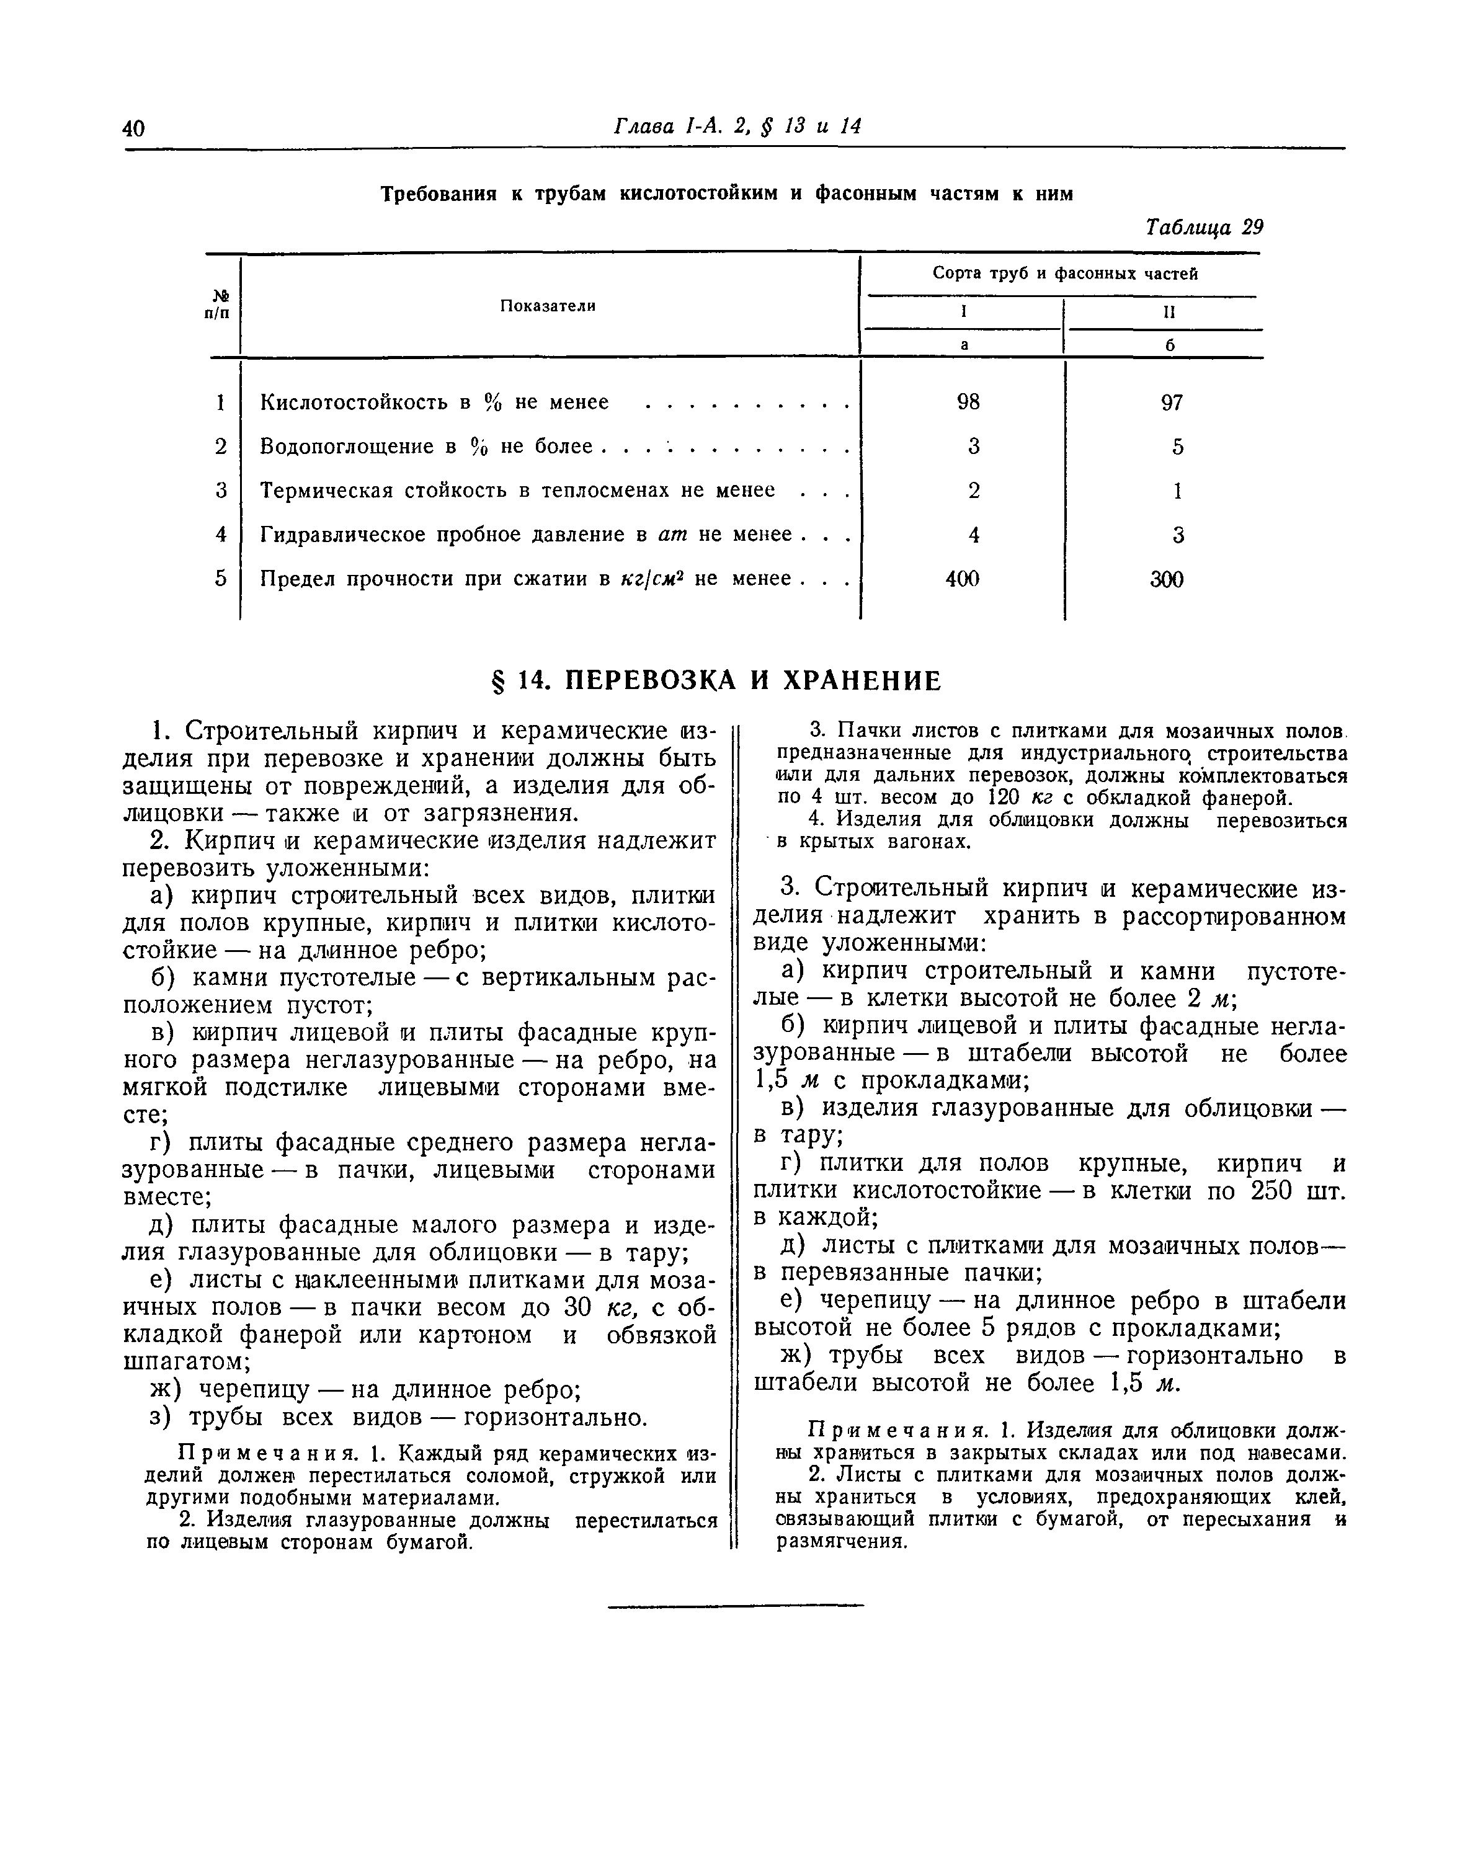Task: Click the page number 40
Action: [135, 128]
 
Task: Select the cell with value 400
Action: [963, 579]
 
